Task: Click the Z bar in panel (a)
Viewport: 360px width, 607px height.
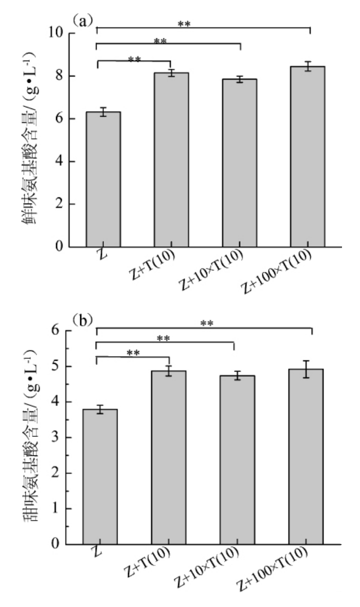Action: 103,179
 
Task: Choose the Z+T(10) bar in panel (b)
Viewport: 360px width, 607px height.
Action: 169,457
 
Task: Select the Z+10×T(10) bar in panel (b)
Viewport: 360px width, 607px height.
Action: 237,459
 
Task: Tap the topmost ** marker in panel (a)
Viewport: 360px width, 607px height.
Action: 184,24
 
